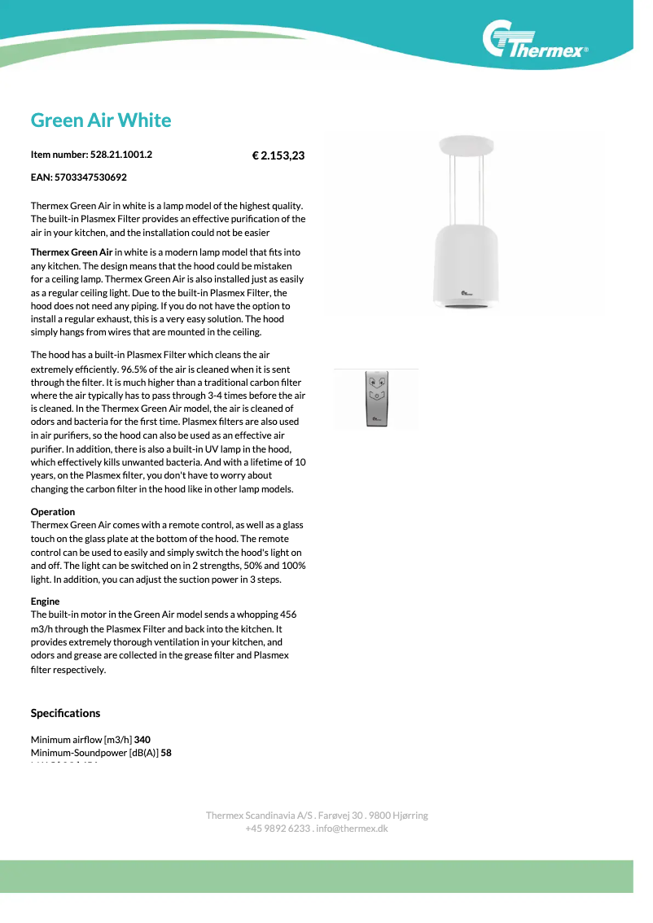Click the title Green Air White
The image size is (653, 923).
[x=101, y=120]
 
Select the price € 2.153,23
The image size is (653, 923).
[x=278, y=155]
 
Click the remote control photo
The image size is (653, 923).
[x=376, y=399]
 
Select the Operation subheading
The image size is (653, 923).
[x=53, y=512]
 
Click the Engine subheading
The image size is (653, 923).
[x=46, y=601]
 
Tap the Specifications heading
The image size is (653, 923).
[x=66, y=713]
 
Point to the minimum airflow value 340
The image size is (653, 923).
[x=142, y=740]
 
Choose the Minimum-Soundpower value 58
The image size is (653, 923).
[x=166, y=753]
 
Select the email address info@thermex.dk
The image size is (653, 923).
[x=353, y=829]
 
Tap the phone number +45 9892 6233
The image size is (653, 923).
[x=278, y=829]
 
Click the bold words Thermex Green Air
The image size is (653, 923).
[x=72, y=252]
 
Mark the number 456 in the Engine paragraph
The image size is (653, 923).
[x=288, y=615]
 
